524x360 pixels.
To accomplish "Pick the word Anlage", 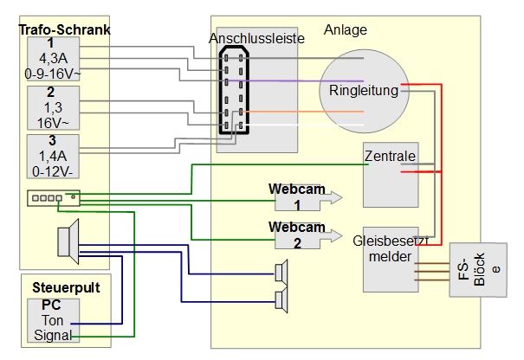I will click(x=346, y=29).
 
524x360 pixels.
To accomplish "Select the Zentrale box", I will click(x=390, y=174).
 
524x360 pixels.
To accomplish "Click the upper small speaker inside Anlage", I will click(x=281, y=273).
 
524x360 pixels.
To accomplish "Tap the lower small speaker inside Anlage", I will click(x=281, y=300).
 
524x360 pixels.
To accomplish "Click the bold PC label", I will click(x=52, y=305).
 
